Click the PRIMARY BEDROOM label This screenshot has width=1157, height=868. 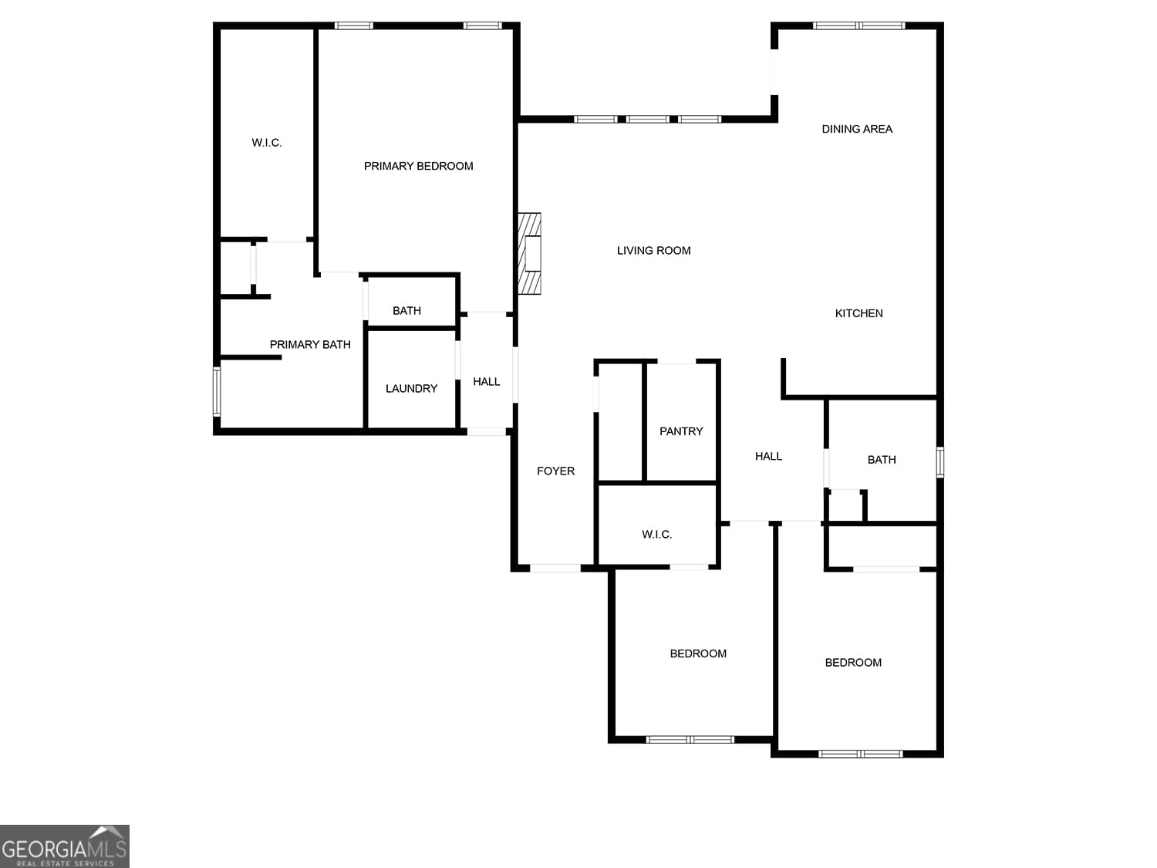tap(418, 166)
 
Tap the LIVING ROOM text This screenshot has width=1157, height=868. tap(653, 251)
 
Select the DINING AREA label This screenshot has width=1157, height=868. tap(857, 129)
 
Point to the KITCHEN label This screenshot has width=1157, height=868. tap(858, 313)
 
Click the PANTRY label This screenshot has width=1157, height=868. tap(681, 431)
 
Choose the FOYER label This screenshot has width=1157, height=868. tap(555, 471)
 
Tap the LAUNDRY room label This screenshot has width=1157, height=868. tap(411, 388)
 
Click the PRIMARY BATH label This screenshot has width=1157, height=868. tap(310, 344)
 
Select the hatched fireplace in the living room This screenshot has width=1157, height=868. tap(530, 254)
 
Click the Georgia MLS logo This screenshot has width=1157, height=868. tap(65, 846)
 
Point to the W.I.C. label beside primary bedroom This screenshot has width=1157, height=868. tap(267, 143)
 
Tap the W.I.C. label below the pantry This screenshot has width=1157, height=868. tap(656, 534)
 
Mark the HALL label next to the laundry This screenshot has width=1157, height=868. tap(486, 381)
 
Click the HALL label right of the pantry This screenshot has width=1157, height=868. tap(768, 456)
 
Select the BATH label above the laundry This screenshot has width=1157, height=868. tap(406, 311)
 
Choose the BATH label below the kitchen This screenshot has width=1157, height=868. tap(882, 460)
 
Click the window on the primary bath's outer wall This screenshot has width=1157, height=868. tap(217, 391)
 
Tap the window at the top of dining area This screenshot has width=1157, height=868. tap(858, 25)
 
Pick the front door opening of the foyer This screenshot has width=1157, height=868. tap(555, 569)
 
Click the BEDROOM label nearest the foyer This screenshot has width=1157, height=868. tap(698, 654)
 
